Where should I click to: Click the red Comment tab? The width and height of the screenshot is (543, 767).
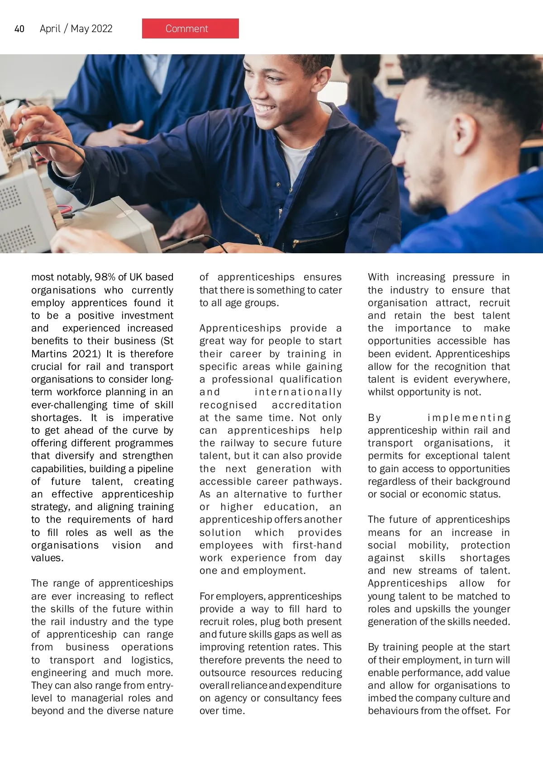coord(190,28)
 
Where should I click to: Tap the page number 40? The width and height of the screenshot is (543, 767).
coord(19,29)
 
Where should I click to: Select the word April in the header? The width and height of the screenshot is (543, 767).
coord(50,29)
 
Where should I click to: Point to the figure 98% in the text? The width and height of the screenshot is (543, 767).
coord(105,277)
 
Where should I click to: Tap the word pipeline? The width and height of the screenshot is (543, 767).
coord(155,469)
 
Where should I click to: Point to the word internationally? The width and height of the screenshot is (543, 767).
coord(298,392)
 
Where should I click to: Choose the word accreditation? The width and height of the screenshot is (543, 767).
coord(306,405)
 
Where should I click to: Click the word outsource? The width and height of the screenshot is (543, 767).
coord(223,673)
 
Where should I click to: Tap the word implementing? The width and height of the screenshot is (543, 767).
coord(469,418)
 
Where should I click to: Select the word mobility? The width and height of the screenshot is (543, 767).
coord(428,545)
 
